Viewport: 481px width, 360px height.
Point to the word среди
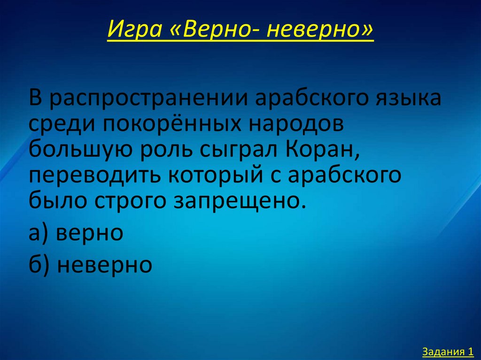pos(58,125)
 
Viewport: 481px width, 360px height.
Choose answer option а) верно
pos(76,232)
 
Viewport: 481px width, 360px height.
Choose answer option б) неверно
pos(90,265)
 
